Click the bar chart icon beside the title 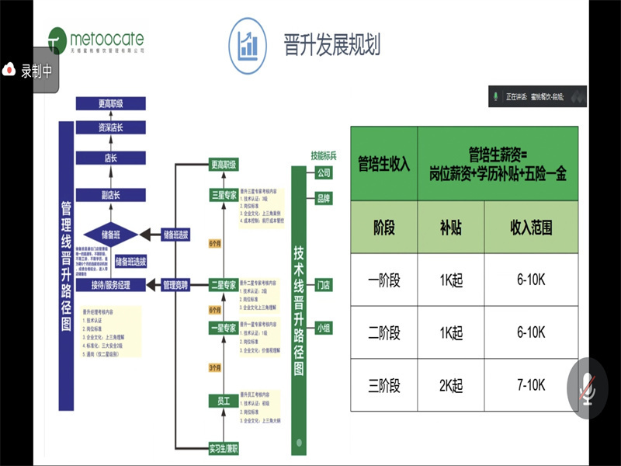[x=249, y=43]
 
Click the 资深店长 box [x=111, y=127]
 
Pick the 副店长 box [x=111, y=194]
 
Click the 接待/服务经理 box [x=110, y=285]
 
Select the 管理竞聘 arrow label [x=178, y=285]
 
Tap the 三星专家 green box [x=224, y=195]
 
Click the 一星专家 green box [x=224, y=329]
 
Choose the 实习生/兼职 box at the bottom [x=224, y=448]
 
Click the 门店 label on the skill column [x=324, y=285]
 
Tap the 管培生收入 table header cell [x=383, y=164]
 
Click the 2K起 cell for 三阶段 [x=450, y=385]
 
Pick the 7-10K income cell [x=531, y=385]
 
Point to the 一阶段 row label [x=383, y=280]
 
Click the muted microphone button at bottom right [x=587, y=385]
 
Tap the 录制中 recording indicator [x=29, y=71]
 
